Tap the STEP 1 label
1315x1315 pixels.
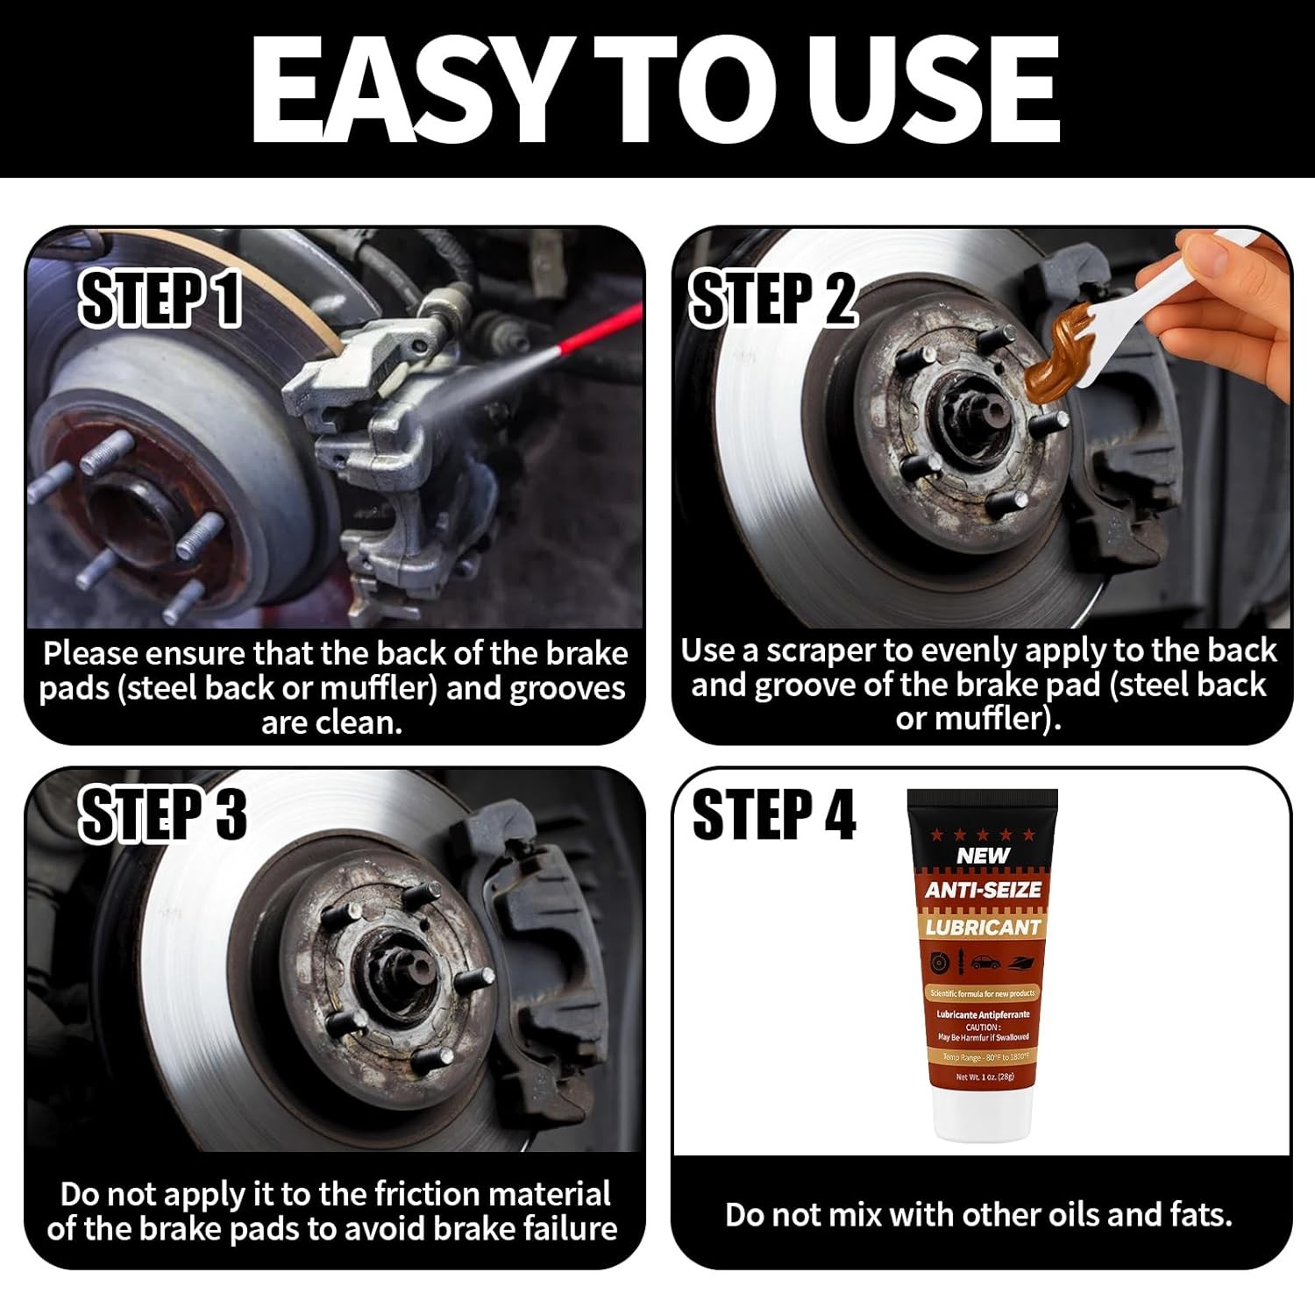pyautogui.click(x=160, y=299)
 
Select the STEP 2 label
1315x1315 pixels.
pyautogui.click(x=772, y=299)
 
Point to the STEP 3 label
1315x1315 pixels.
pyautogui.click(x=163, y=814)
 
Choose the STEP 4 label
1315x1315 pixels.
pyautogui.click(x=772, y=814)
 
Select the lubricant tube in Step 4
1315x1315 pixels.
pyautogui.click(x=982, y=964)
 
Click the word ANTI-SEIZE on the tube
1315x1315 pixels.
pyautogui.click(x=983, y=890)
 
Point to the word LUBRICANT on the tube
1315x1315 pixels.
pyautogui.click(x=983, y=927)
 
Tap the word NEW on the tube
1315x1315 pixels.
pyautogui.click(x=983, y=855)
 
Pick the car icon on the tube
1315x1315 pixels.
pyautogui.click(x=984, y=963)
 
